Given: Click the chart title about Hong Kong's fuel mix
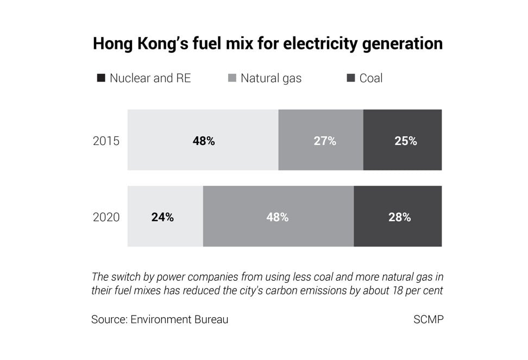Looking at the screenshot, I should (267, 43).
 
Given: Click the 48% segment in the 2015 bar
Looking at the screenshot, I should (203, 140).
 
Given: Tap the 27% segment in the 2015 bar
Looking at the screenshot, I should (321, 140).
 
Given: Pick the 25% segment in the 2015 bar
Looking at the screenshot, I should (403, 140).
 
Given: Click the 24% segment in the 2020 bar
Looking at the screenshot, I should (165, 217).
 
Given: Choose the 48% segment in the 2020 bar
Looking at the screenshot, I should (278, 217).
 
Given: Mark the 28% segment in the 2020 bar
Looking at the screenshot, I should (398, 217).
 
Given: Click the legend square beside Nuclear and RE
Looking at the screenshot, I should (101, 78).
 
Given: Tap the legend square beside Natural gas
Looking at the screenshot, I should (232, 78).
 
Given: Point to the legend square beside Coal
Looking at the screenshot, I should (350, 78).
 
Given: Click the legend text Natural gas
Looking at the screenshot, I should (271, 78).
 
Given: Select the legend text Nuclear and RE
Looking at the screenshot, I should (150, 78).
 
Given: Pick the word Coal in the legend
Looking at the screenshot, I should (371, 78).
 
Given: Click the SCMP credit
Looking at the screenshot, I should (428, 319).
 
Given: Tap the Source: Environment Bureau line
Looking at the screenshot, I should (160, 319).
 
